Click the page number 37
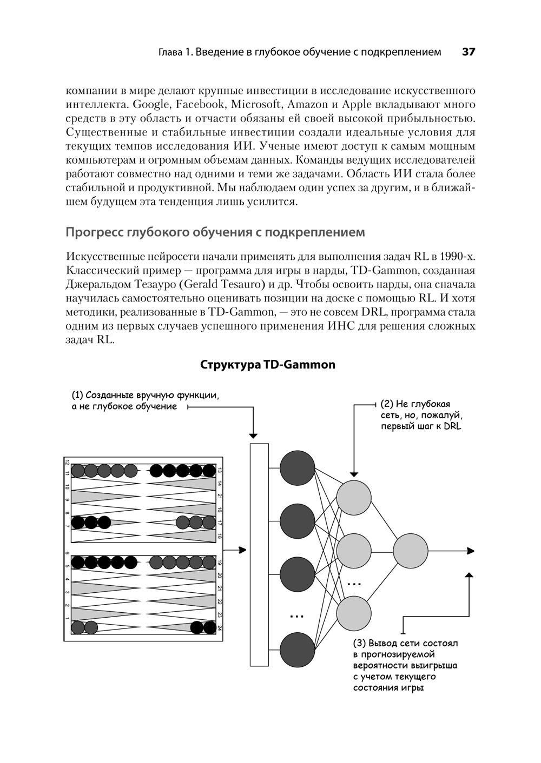tap(468, 52)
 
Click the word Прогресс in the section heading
tap(94, 232)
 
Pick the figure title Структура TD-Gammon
tap(268, 365)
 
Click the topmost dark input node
tap(298, 468)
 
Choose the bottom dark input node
tap(298, 650)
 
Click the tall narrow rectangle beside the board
tap(259, 554)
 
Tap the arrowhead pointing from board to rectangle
tap(243, 550)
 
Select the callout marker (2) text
tap(387, 404)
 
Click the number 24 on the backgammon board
tap(220, 628)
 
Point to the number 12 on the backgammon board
tap(67, 463)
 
